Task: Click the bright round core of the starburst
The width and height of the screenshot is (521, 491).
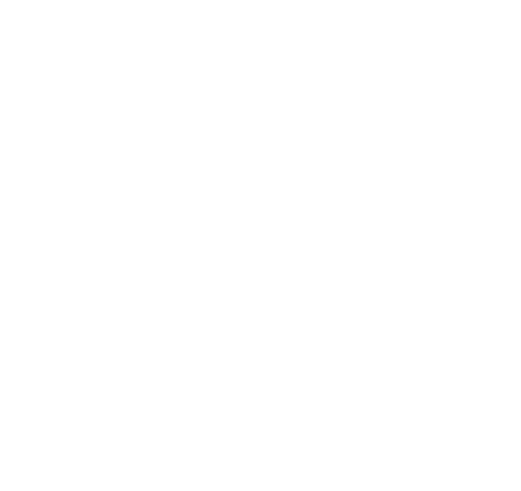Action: [x=216, y=195]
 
